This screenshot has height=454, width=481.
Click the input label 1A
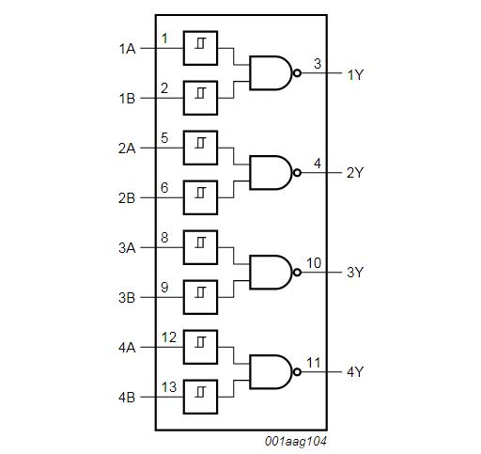[128, 49]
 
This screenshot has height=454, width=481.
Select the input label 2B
[128, 198]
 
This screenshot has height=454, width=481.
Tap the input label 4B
[128, 398]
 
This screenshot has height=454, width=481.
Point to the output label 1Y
[355, 74]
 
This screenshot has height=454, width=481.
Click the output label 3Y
[355, 273]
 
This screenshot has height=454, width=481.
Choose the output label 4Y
[355, 372]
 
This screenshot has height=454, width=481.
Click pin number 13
[169, 386]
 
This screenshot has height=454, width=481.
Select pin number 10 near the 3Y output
[314, 262]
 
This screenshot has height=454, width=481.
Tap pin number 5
[164, 138]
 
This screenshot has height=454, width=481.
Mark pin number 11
[314, 362]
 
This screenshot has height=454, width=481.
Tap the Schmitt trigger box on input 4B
[200, 395]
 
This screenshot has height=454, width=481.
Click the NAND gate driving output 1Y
[271, 72]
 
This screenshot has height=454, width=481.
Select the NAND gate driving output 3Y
[271, 271]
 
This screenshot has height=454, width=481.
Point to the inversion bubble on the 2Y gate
[297, 172]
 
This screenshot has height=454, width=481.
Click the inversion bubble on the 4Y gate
[297, 371]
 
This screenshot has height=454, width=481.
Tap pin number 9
[164, 287]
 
